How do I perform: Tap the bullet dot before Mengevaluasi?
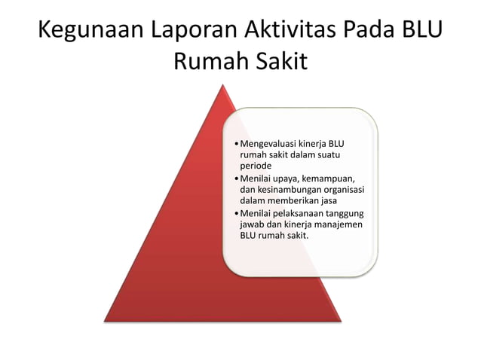click(236, 144)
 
